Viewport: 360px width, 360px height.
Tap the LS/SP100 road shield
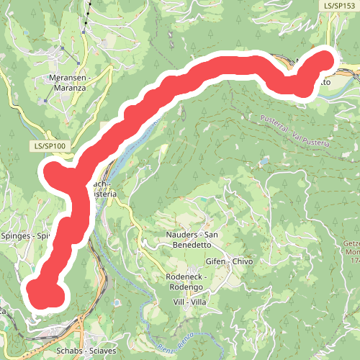pos(50,146)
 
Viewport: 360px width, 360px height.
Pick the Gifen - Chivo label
pos(229,261)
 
